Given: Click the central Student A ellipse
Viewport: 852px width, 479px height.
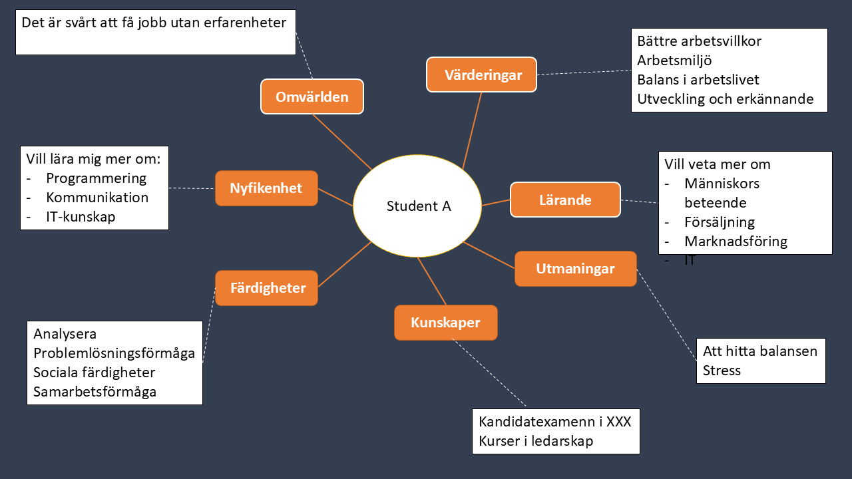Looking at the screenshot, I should pos(417,206).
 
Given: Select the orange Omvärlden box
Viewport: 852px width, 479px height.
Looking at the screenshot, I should pos(312,96).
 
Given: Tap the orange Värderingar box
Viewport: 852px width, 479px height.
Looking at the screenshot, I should pos(481,75).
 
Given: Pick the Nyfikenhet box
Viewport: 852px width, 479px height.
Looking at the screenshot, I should pos(266,188).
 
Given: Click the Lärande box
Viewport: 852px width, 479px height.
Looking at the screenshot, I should pos(565,200).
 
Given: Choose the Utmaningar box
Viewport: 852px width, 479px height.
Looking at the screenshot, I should pos(575,269).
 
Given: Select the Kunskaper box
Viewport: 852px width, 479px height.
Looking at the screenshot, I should pos(445,323).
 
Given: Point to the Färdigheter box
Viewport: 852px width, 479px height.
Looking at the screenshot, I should pos(267,288).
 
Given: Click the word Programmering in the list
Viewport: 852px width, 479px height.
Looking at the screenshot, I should pos(96,178).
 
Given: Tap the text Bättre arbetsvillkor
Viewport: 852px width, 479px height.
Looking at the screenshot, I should pos(699,41).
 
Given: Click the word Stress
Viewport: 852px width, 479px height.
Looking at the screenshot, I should pos(722,370).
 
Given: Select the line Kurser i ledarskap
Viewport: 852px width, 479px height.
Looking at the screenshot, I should pos(536,440).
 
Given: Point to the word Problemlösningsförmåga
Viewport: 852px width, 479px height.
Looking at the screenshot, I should pos(114,353).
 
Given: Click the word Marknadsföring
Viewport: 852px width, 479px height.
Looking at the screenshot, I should pos(736,241).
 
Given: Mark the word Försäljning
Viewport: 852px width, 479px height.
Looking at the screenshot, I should pos(720,222).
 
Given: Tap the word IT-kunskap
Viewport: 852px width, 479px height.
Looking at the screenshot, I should pos(81,217).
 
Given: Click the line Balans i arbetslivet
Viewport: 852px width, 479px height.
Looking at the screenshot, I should pos(698,80).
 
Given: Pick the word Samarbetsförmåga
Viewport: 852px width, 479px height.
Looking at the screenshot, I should pos(95,391).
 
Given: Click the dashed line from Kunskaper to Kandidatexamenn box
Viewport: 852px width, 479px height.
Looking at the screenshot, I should pos(489,373).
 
